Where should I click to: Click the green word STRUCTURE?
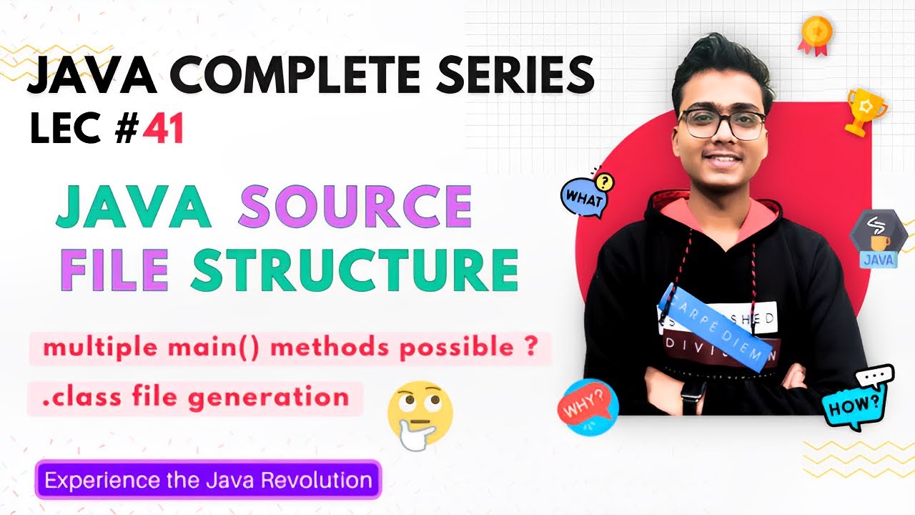(354, 269)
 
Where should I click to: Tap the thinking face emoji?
(419, 414)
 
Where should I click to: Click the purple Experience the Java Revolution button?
(208, 479)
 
